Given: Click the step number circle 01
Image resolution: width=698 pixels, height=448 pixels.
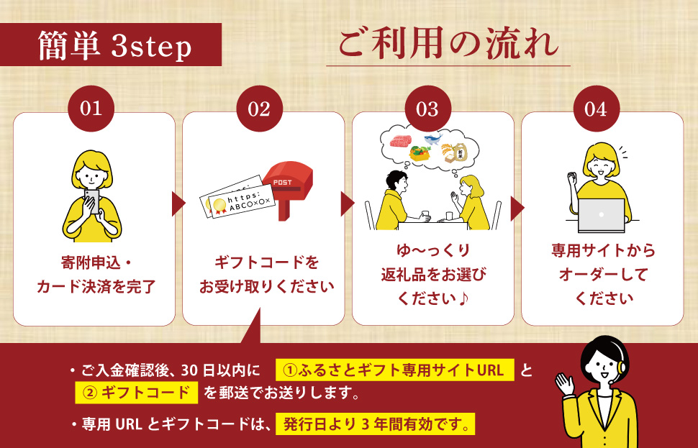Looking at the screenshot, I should coord(91,109).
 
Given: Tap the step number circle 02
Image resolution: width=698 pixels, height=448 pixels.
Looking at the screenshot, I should coord(259,109).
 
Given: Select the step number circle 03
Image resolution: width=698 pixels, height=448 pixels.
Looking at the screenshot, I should coord(427,109).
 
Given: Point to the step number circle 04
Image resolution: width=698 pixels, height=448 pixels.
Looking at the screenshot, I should coord(596,109).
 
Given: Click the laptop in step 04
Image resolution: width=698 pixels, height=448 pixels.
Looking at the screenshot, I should coord(602,215).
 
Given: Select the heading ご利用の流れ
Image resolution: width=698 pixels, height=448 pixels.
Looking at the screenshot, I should coord(448,45).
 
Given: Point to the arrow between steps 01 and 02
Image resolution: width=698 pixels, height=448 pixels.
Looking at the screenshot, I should coord(178,204).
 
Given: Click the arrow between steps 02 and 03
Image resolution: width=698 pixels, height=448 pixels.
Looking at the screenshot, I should coord(348,204).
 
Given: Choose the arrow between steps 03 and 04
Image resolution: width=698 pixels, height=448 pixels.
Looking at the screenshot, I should coord(517,208).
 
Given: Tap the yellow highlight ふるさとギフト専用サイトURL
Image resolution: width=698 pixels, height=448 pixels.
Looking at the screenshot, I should coord(395,370).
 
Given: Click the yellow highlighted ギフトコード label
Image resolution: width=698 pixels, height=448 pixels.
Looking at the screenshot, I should coord(137,393).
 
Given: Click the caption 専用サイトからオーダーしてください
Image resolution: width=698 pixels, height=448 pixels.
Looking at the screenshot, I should coord(603,274).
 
